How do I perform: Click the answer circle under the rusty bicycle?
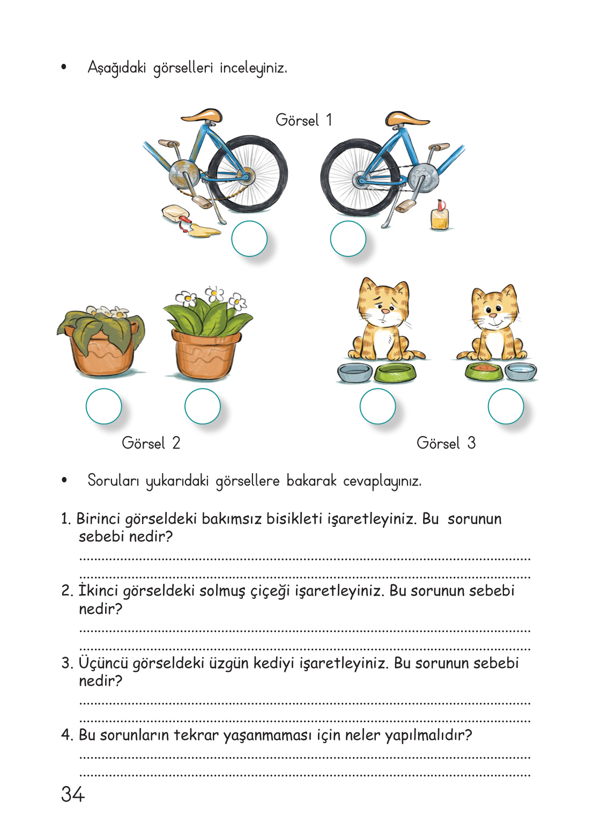pos(249,239)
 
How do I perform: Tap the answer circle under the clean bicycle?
pos(348,239)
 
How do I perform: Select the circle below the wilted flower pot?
pos(104,406)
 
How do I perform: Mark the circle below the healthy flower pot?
pos(203,406)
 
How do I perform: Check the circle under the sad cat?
pos(378,406)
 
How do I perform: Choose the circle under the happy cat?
pos(506,406)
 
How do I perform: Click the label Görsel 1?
pos(304,120)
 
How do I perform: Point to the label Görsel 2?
pos(151,443)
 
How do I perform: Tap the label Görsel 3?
pos(446,443)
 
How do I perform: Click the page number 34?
pos(73,794)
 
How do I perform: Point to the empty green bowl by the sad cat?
pos(395,372)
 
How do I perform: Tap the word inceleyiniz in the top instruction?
pos(253,68)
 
